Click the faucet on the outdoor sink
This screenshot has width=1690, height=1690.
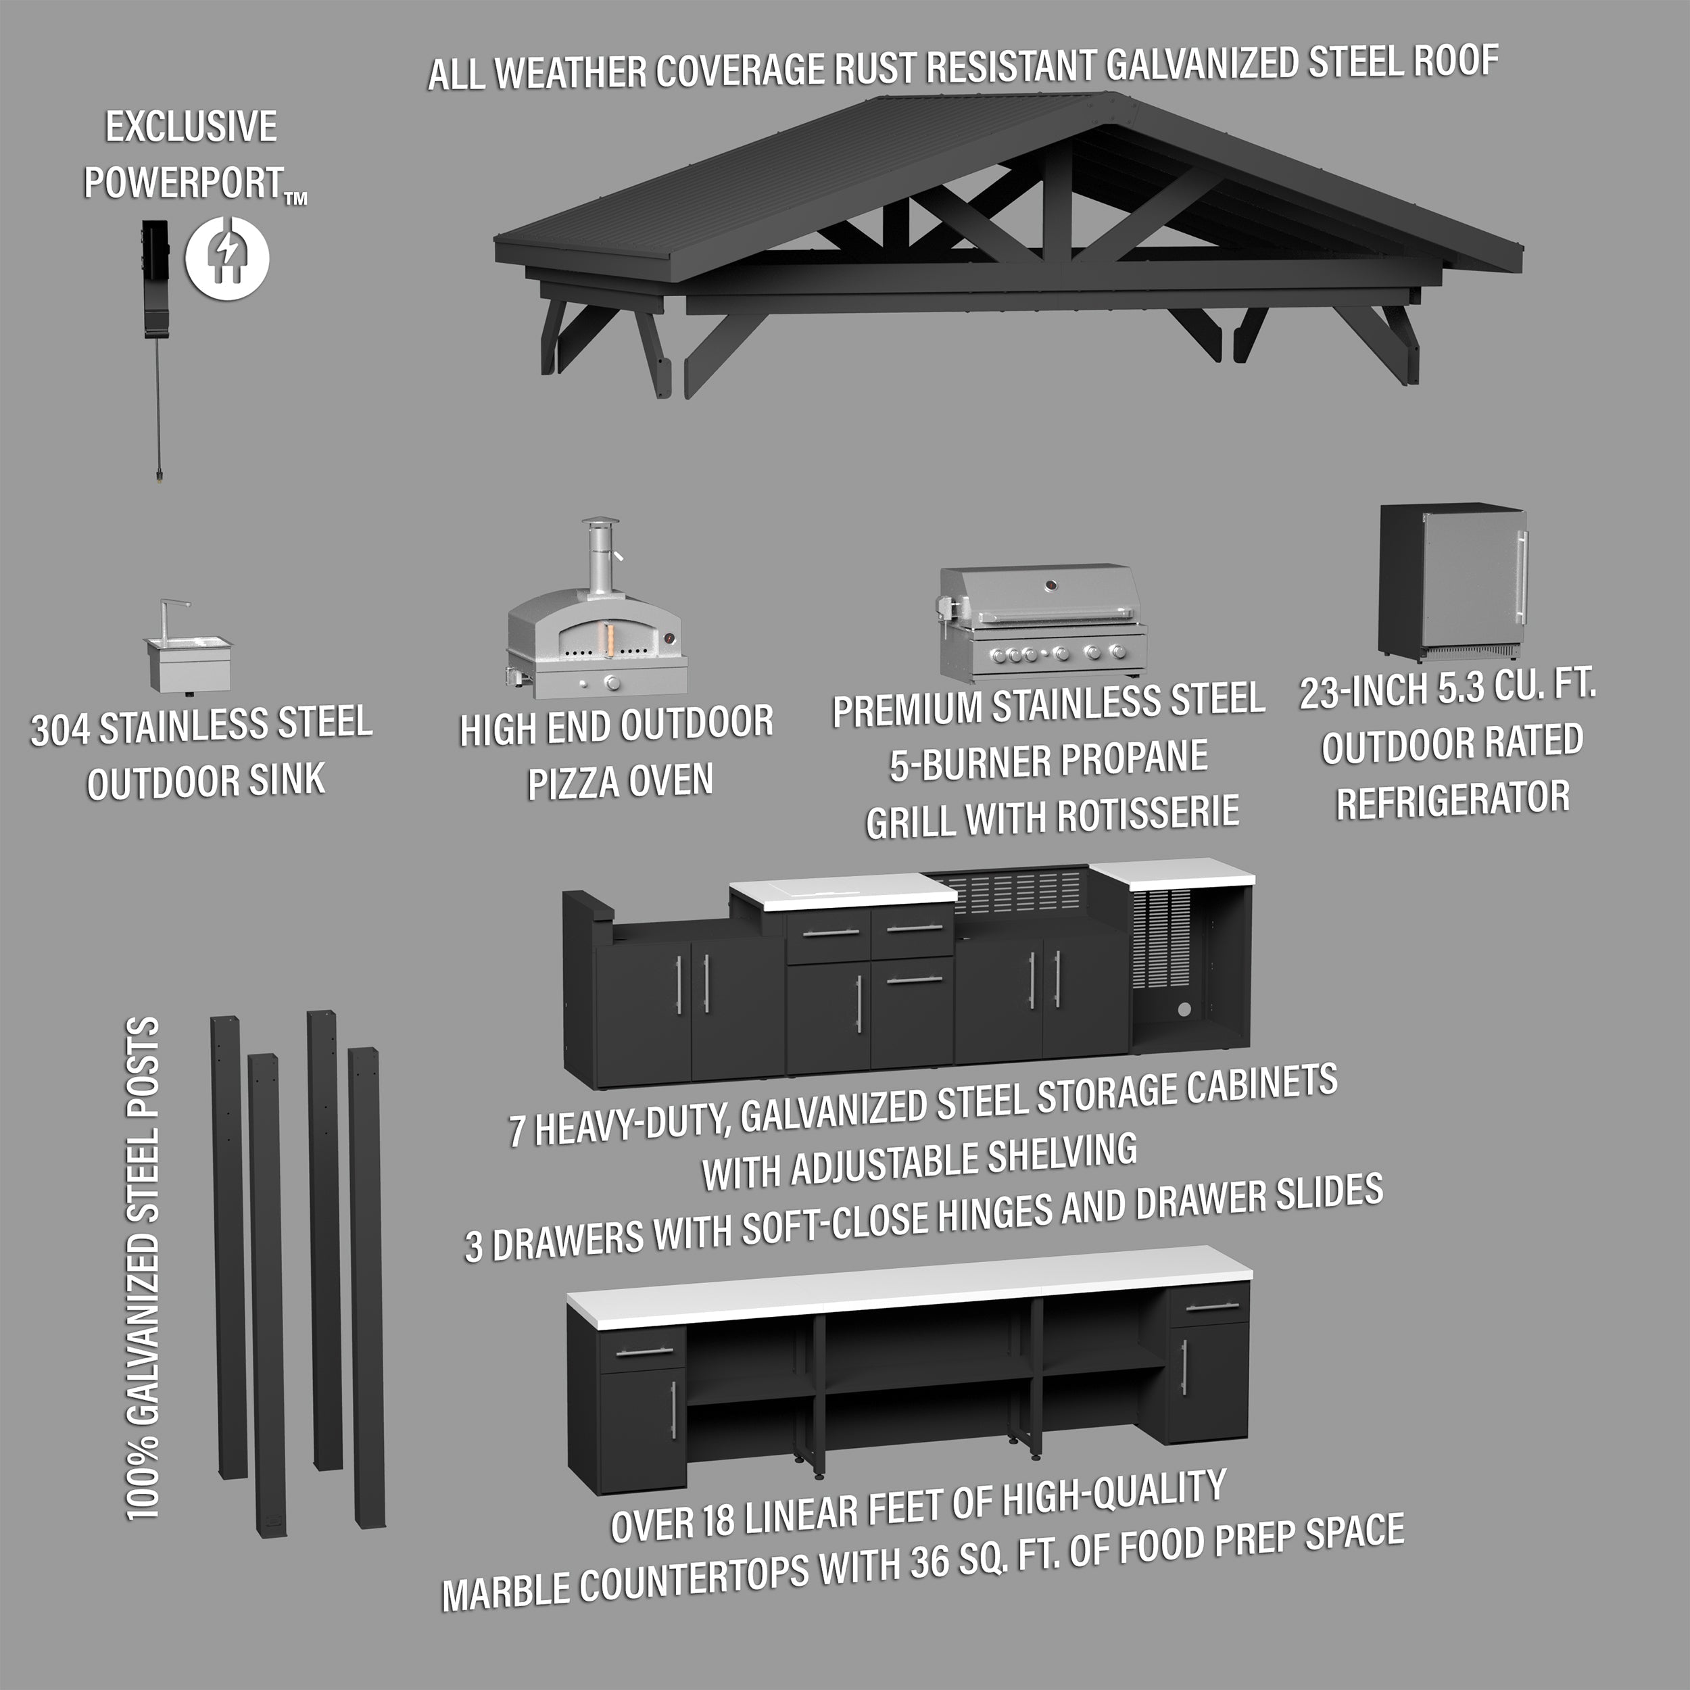172,617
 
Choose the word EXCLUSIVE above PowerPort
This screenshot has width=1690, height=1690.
191,128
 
